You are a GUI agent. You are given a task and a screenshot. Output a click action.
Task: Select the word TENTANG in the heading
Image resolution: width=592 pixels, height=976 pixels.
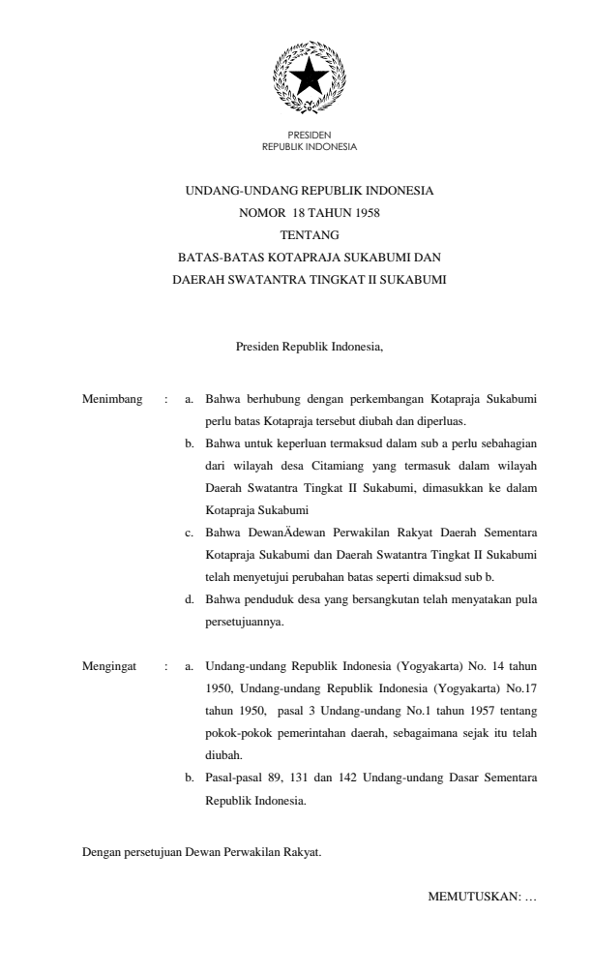click(309, 234)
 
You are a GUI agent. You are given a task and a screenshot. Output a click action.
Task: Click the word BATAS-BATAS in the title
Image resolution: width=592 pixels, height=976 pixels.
click(214, 257)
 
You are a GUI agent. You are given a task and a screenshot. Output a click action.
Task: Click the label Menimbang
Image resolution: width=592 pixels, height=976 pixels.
click(108, 399)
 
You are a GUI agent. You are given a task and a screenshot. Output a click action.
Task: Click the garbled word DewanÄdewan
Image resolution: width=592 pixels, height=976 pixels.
click(278, 534)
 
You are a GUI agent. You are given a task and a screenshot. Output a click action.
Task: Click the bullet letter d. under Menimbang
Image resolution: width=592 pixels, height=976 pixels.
click(190, 600)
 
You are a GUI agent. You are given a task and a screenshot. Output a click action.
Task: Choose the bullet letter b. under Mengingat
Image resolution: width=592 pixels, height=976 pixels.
click(190, 778)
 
